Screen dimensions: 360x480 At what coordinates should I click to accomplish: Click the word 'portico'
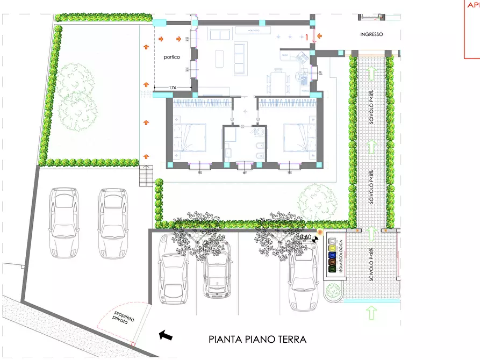pos(172,57)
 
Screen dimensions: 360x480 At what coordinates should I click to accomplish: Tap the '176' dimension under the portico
pos(173,87)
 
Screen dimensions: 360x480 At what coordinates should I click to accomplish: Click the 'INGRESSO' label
pos(371,34)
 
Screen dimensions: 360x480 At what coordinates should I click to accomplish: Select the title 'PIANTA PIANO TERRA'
pos(257,340)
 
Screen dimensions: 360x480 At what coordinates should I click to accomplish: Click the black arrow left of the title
pos(166,336)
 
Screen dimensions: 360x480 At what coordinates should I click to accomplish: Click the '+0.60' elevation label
pos(304,236)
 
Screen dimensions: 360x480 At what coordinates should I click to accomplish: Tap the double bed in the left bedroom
pos(189,138)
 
